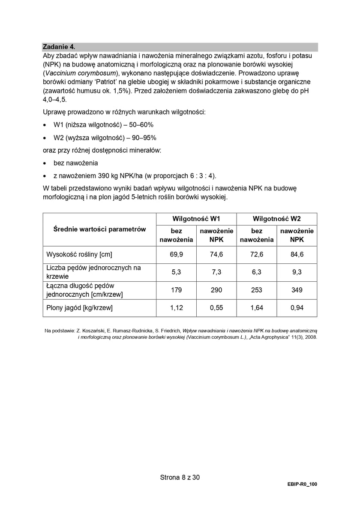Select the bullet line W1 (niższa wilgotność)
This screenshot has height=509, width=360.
point(103,125)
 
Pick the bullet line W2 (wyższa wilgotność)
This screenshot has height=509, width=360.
point(105,138)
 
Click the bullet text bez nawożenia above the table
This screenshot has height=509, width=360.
point(75,163)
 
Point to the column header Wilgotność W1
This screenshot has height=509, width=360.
point(196,218)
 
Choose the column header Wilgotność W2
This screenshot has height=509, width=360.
point(276,218)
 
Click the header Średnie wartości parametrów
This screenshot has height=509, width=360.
point(99,229)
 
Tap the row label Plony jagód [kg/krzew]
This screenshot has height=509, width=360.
point(79,307)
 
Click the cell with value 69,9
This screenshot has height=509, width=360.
point(176,254)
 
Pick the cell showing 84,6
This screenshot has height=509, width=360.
point(297,254)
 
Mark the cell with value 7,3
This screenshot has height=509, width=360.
point(216,272)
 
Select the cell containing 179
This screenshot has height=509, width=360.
point(176,290)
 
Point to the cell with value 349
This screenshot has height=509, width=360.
point(297,290)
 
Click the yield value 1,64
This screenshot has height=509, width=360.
point(257,307)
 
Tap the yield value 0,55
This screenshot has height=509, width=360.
point(216,307)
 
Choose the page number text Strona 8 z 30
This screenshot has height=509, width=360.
point(180,477)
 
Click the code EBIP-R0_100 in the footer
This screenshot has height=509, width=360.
point(303,484)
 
